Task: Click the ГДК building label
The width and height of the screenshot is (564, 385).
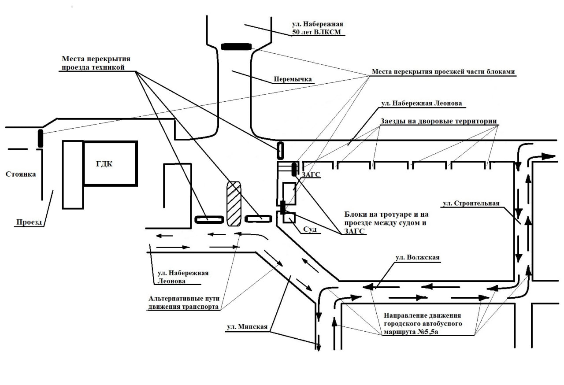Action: click(x=104, y=164)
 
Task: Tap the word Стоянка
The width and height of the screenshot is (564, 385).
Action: click(x=21, y=174)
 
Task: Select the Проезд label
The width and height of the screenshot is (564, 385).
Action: click(x=30, y=222)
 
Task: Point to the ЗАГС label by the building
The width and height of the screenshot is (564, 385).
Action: click(x=311, y=175)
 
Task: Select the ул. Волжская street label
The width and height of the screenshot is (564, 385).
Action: click(x=417, y=258)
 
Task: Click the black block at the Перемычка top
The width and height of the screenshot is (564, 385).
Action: click(x=236, y=47)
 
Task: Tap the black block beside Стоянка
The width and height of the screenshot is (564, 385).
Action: click(x=41, y=138)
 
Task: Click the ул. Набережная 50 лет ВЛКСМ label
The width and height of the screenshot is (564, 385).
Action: click(x=317, y=28)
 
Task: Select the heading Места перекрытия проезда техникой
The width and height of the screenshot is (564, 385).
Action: click(x=96, y=63)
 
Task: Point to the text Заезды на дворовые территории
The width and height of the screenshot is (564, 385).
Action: click(x=438, y=121)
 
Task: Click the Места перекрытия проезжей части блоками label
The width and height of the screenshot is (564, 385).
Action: click(x=443, y=72)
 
